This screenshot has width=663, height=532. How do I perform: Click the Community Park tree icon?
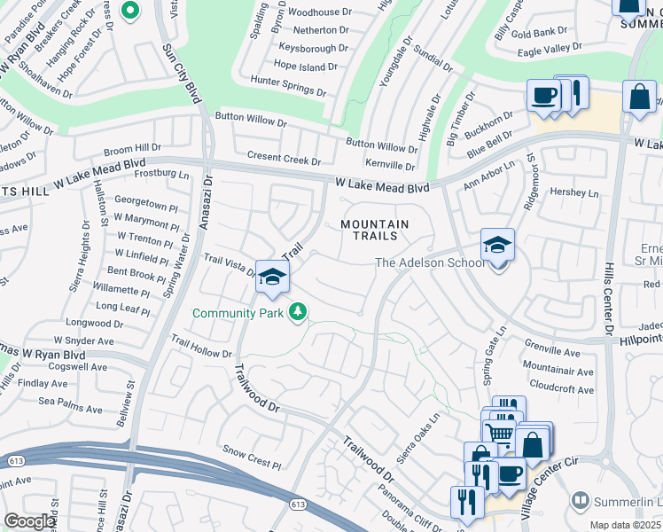299,312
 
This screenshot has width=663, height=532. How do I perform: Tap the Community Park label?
238,313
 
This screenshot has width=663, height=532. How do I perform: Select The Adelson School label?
430,262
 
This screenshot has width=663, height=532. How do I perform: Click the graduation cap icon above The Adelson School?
498,245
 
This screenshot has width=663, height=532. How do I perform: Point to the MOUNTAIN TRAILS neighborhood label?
375,231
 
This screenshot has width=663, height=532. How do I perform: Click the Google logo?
29,521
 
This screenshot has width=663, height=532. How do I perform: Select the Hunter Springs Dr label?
290,81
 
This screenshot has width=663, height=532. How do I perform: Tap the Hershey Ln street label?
574,192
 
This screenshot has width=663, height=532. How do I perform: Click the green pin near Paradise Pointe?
129,12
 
